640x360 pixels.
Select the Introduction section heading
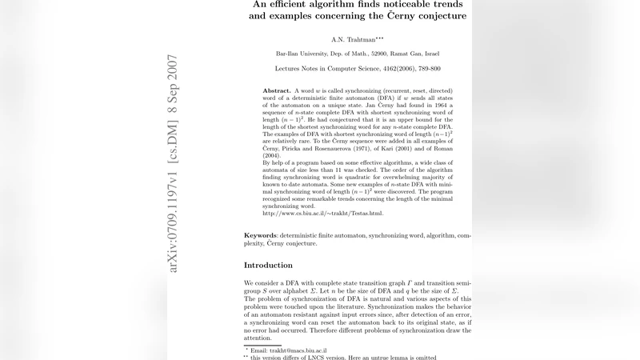(268, 265)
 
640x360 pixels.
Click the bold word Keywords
(260, 235)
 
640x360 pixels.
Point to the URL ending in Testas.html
(322, 214)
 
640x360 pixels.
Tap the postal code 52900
(382, 54)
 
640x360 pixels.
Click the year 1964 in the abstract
(443, 105)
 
